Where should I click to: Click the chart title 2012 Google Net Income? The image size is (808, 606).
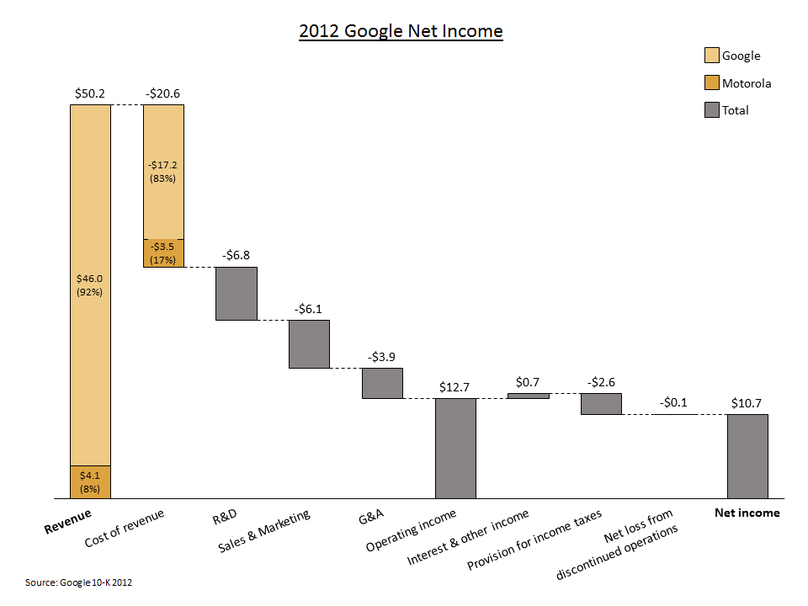coord(401,32)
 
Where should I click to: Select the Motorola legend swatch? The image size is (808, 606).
coord(711,82)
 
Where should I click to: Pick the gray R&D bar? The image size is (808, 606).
coord(237,294)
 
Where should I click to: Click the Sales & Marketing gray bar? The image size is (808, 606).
coord(309,344)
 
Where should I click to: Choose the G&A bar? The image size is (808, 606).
coord(382,383)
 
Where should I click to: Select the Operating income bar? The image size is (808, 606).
coord(455,448)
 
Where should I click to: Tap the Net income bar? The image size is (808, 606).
coord(747,456)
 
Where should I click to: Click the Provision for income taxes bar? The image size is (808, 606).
coord(601,404)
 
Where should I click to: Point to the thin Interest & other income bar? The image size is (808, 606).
coord(529,396)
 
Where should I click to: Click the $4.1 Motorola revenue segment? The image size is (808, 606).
coord(90,482)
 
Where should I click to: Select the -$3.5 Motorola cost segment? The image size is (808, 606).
coord(163,253)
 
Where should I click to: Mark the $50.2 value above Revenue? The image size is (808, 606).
coord(89,93)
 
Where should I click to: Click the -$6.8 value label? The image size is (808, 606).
coord(237,255)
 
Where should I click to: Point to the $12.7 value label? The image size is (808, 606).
coord(454,387)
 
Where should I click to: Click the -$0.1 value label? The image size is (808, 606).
coord(673,402)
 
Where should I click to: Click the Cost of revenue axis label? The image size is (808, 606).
coord(124,529)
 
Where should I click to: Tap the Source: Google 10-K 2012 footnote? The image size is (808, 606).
coord(78,582)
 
